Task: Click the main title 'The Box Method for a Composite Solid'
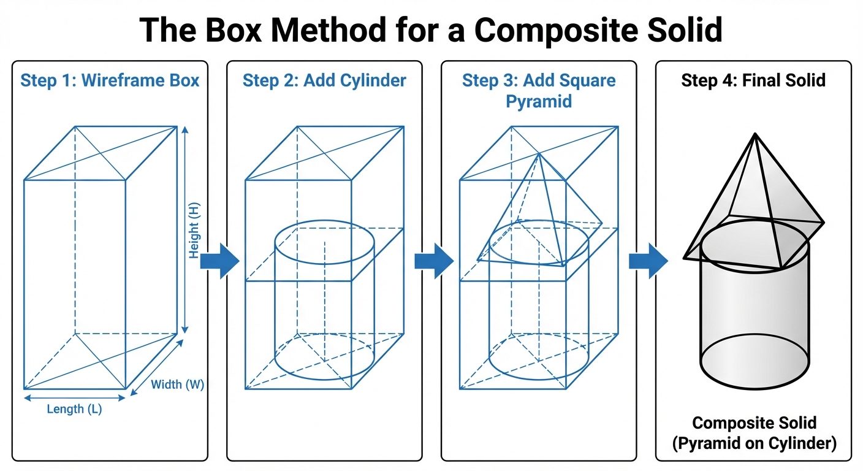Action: [x=431, y=30]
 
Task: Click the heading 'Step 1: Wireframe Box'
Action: [x=110, y=80]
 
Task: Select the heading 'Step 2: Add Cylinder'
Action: [x=324, y=80]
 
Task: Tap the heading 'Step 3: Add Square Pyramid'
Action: [x=539, y=91]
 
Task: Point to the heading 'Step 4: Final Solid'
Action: [x=753, y=80]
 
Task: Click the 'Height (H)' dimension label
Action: [x=194, y=231]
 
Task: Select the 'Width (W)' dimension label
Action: [x=177, y=385]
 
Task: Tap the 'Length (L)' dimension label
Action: [x=74, y=409]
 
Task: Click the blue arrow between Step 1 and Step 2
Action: [x=219, y=261]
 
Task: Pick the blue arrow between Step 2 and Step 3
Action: [x=433, y=261]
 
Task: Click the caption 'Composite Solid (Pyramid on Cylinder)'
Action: [x=754, y=433]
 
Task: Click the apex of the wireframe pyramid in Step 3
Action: [x=538, y=154]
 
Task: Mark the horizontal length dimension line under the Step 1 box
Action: [x=74, y=398]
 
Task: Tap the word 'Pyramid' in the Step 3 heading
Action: [x=539, y=101]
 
